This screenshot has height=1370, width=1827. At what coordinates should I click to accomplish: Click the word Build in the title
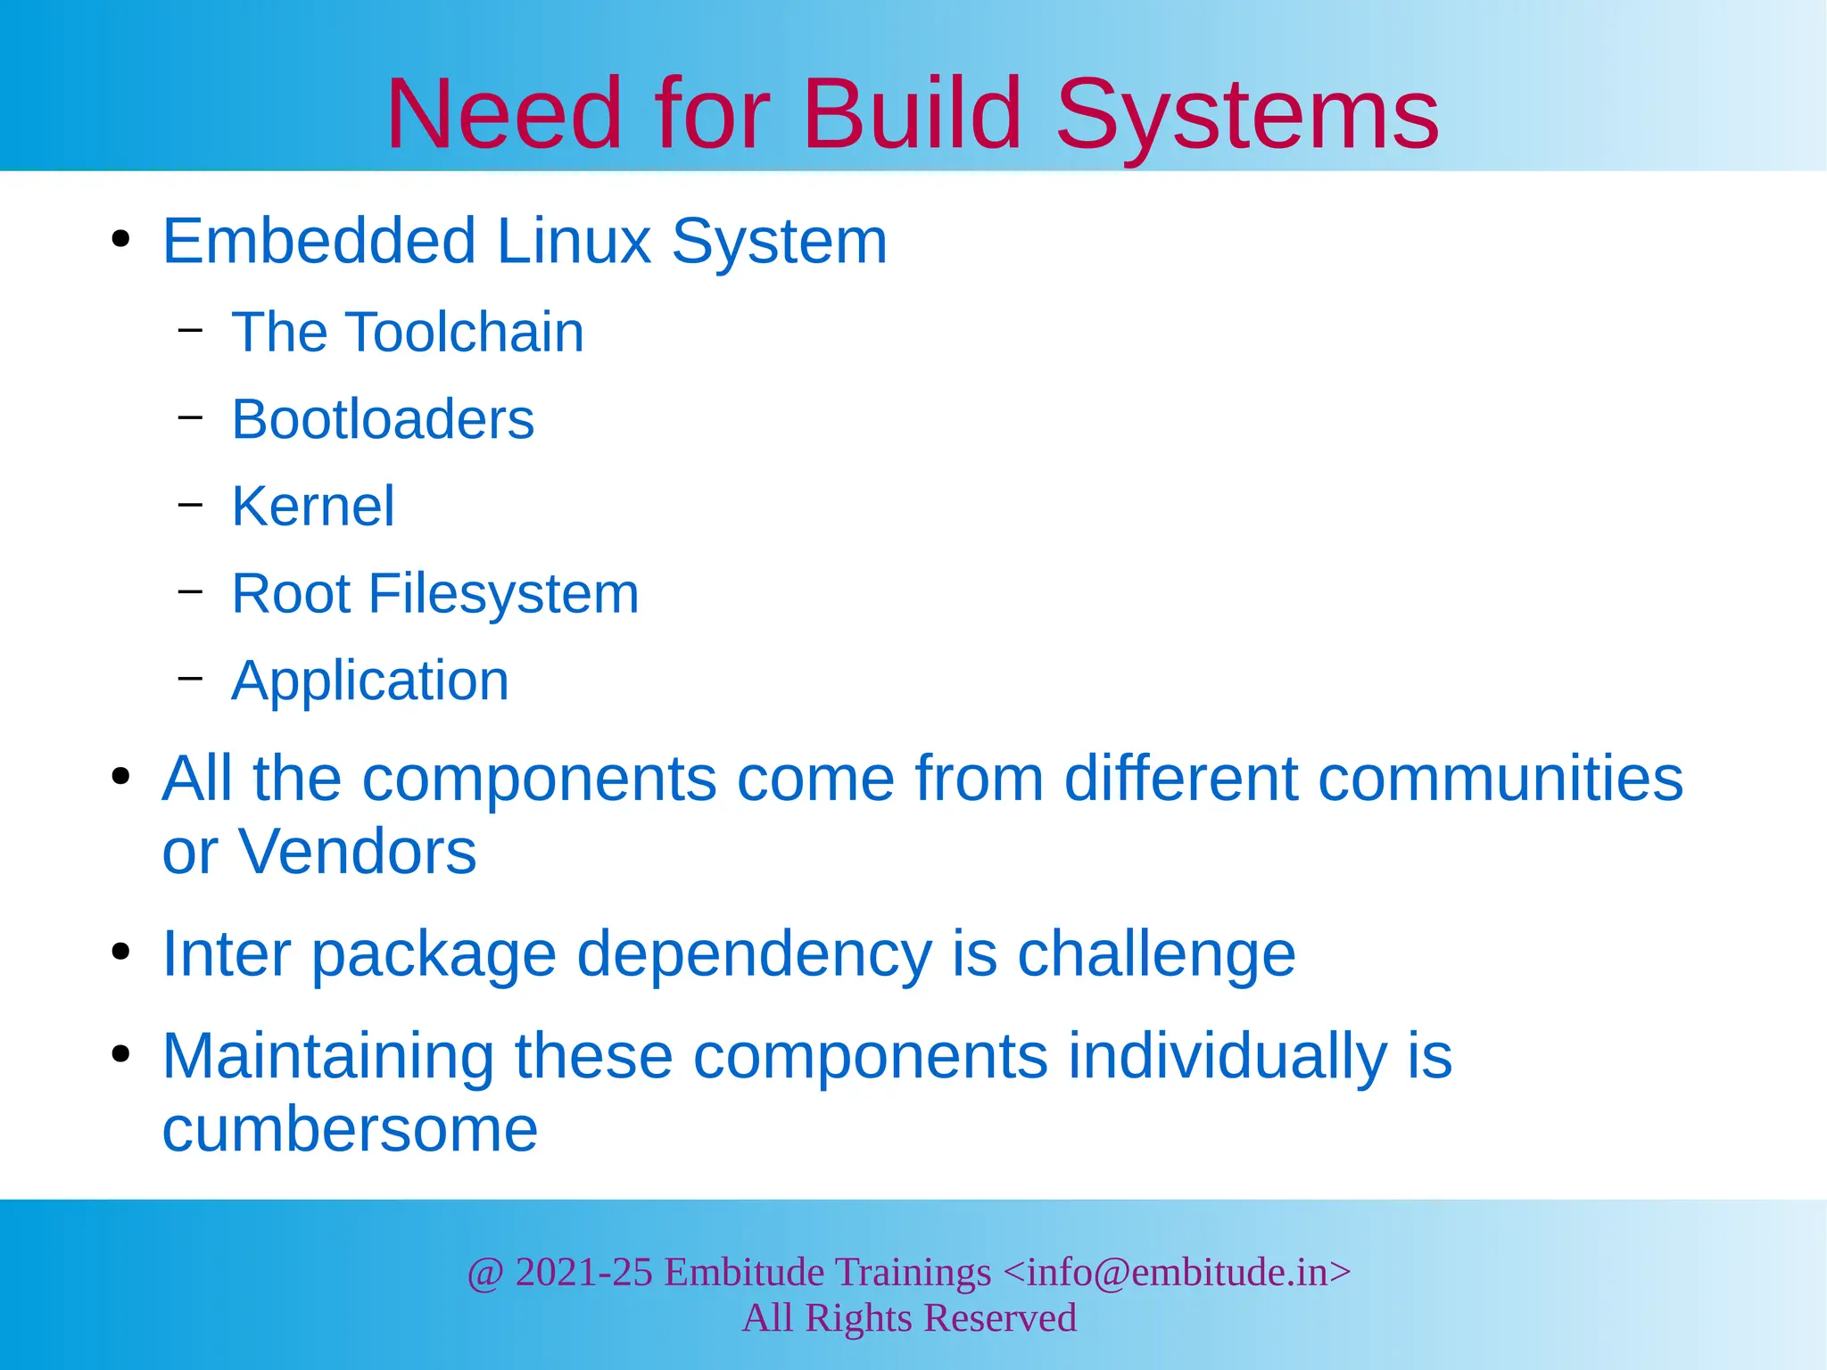tap(912, 113)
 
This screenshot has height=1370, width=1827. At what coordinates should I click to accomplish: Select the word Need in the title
tap(503, 113)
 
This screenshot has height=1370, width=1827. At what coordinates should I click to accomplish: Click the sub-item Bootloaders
tap(383, 418)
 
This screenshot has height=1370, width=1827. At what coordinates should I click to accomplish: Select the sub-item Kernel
tap(312, 506)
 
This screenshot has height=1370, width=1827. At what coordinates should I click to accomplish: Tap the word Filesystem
tap(503, 593)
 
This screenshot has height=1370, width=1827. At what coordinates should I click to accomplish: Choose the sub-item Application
tap(370, 681)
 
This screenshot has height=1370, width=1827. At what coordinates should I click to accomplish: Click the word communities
tap(1500, 778)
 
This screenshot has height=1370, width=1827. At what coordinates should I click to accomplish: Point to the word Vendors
tap(357, 851)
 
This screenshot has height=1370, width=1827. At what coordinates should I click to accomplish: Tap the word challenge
tap(1156, 953)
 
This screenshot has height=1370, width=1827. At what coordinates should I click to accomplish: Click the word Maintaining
tap(327, 1056)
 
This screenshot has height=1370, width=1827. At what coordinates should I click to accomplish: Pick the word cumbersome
tap(350, 1129)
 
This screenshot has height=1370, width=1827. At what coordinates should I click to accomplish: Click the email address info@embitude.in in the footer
tap(1177, 1272)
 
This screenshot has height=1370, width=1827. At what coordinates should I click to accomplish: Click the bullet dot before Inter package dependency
tap(120, 953)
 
